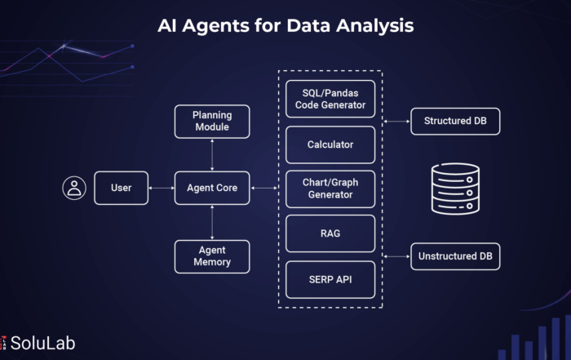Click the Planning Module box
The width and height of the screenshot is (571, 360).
pyautogui.click(x=212, y=122)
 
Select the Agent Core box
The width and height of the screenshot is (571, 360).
pyautogui.click(x=212, y=188)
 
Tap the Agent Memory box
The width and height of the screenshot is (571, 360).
pyautogui.click(x=212, y=256)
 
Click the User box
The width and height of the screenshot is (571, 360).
pyautogui.click(x=122, y=188)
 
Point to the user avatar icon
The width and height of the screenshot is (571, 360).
pyautogui.click(x=74, y=188)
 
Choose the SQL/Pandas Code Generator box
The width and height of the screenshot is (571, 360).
pyautogui.click(x=330, y=99)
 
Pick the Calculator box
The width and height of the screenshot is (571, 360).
pyautogui.click(x=330, y=144)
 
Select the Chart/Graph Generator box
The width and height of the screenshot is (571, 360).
pyautogui.click(x=330, y=189)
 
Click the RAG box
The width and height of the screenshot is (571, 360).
pyautogui.click(x=330, y=233)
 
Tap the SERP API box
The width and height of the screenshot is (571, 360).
pyautogui.click(x=330, y=279)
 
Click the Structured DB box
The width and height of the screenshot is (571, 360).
pyautogui.click(x=455, y=122)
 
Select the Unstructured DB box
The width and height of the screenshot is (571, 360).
pyautogui.click(x=455, y=256)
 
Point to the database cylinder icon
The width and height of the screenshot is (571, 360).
pyautogui.click(x=455, y=189)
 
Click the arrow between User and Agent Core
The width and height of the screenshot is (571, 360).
pyautogui.click(x=162, y=188)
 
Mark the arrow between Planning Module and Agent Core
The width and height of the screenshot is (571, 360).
pyautogui.click(x=212, y=155)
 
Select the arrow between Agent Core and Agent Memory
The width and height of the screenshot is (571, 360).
pyautogui.click(x=212, y=222)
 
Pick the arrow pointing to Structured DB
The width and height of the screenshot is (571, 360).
pyautogui.click(x=396, y=122)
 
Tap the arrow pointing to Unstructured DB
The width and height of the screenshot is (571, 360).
pyautogui.click(x=396, y=256)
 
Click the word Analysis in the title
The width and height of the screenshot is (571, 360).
pyautogui.click(x=374, y=26)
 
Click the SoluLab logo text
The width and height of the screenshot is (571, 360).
pyautogui.click(x=42, y=343)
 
